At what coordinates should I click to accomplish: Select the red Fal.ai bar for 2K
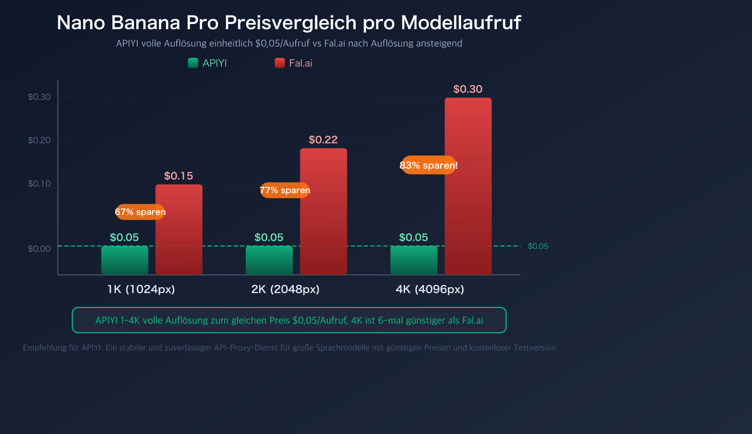tap(323, 211)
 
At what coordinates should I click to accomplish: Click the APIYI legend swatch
tap(193, 63)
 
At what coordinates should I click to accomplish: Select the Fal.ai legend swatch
tap(280, 63)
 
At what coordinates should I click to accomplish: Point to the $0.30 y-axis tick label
tap(39, 97)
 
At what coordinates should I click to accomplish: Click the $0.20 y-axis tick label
tap(39, 140)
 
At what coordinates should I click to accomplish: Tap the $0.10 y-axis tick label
tap(39, 184)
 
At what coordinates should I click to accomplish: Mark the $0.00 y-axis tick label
tap(39, 249)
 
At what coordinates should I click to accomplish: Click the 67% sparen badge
tap(140, 212)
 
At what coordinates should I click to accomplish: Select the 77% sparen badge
tap(285, 190)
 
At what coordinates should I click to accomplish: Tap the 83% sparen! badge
tap(429, 165)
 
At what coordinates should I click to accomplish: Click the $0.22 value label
tap(323, 140)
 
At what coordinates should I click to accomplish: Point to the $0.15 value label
tap(179, 176)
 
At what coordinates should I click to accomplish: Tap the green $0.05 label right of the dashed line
tap(538, 246)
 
